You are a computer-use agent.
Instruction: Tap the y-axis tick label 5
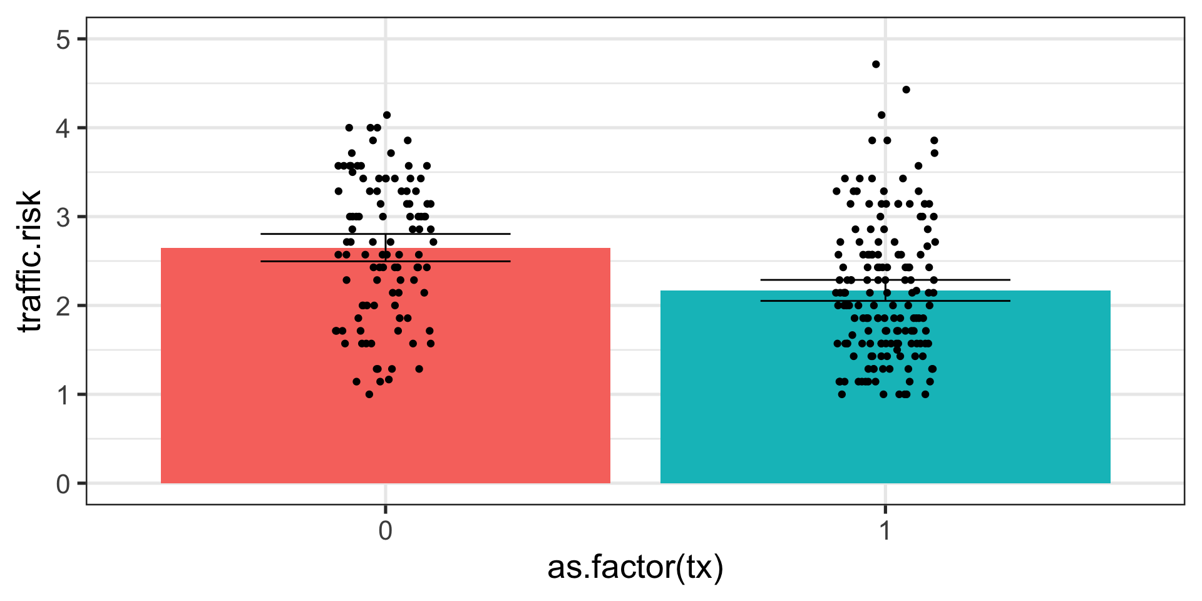[x=63, y=39]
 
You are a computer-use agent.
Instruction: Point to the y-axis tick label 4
[x=63, y=128]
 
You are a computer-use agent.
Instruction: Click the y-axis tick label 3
[x=63, y=217]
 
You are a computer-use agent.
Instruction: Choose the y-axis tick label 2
[x=63, y=306]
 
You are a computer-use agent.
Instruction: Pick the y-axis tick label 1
[x=63, y=395]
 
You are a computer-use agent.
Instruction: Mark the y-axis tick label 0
[x=63, y=484]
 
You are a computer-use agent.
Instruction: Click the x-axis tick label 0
[x=386, y=531]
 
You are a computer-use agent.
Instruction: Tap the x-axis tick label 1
[x=885, y=531]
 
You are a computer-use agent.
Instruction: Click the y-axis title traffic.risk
[x=30, y=260]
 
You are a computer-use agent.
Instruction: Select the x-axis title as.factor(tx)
[x=635, y=567]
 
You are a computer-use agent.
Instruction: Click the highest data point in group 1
[x=876, y=64]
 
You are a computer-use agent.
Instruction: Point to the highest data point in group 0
[x=387, y=115]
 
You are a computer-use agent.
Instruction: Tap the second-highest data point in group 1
[x=906, y=90]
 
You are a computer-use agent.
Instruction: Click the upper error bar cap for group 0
[x=385, y=234]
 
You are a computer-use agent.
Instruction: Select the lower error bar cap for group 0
[x=385, y=261]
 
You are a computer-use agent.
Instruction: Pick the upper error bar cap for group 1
[x=885, y=280]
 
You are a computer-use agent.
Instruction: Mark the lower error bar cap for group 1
[x=885, y=301]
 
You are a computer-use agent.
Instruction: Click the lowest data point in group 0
[x=369, y=394]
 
